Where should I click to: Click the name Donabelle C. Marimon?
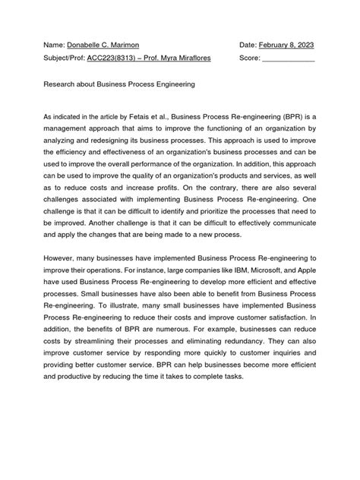click(102, 46)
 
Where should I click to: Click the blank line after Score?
click(288, 58)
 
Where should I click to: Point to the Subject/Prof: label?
click(66, 58)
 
